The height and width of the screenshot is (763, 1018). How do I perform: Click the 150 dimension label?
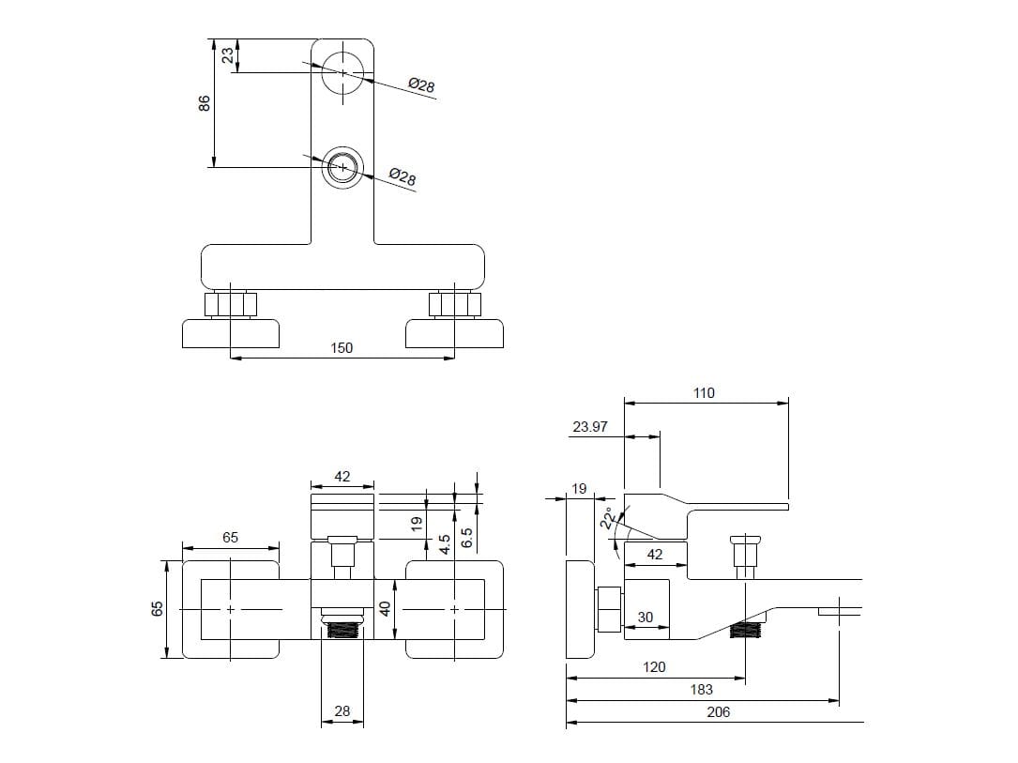pos(342,348)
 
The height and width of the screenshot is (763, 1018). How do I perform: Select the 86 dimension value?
pos(205,103)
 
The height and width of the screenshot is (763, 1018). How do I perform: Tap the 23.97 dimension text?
pos(590,427)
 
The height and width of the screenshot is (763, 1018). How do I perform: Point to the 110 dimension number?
pos(704,393)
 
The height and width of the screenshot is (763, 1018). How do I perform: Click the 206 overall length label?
pos(718,712)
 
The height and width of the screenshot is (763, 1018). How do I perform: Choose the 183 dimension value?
pos(701,690)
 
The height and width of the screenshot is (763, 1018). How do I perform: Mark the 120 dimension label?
pos(654,667)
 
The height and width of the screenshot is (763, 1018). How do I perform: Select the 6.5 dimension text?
pos(467,538)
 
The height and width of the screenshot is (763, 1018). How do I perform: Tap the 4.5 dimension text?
pos(446,543)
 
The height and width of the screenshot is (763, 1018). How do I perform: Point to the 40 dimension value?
pos(384,609)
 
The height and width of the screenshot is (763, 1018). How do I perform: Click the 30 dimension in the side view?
pos(645,618)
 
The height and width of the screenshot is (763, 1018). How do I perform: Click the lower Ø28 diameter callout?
pos(403,176)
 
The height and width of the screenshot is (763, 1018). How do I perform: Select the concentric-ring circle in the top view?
pos(342,168)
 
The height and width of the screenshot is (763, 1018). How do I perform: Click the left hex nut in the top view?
pos(230,304)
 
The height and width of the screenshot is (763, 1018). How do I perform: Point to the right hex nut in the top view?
pos(455,304)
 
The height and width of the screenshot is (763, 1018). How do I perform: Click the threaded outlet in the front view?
pos(342,627)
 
